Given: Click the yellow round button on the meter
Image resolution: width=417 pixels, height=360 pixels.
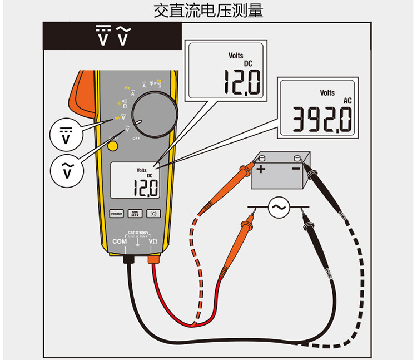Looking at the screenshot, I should coord(113,146).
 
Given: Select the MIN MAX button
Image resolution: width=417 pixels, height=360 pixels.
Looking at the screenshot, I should coord(135,214).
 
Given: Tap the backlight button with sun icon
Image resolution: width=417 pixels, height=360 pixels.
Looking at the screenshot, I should coord(153,214).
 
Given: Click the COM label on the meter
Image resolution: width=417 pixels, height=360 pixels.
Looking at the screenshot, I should coord(120,241).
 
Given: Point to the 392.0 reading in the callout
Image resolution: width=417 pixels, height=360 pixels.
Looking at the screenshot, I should coord(323,118).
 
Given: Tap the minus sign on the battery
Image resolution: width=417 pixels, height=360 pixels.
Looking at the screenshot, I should coord(296,168).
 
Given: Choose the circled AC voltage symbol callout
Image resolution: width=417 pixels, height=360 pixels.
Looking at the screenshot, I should coord(66,170).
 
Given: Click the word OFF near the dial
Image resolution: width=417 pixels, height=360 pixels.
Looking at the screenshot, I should coord(136,137).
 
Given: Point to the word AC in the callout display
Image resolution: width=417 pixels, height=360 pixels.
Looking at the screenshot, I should coord(348,101).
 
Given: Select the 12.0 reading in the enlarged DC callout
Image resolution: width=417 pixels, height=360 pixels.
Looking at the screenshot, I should coord(242,82).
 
